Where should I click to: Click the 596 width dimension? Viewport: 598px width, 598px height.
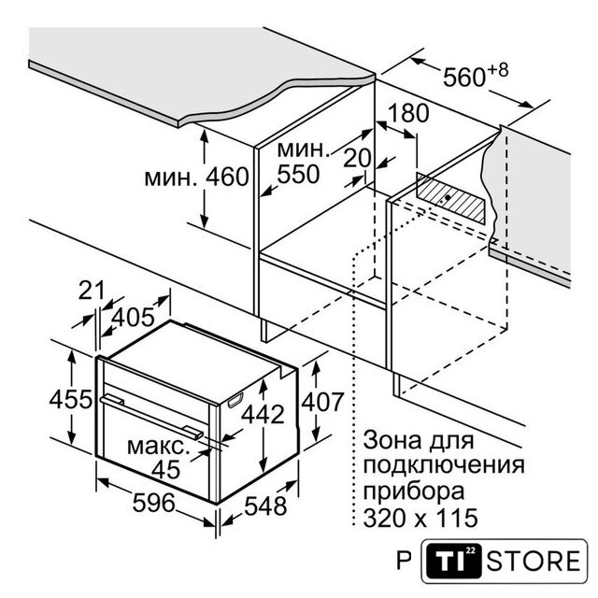tap(153, 503)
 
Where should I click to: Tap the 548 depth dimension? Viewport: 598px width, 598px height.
tap(265, 506)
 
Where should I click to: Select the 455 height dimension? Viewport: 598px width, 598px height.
tap(71, 399)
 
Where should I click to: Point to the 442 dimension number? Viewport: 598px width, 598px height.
tap(263, 414)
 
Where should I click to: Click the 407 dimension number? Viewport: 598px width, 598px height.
tap(322, 402)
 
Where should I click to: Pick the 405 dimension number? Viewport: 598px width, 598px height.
tap(133, 317)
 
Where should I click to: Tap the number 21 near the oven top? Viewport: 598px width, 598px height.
tap(92, 291)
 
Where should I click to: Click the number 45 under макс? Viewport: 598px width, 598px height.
tap(166, 469)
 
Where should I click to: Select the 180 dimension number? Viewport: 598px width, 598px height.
tap(408, 113)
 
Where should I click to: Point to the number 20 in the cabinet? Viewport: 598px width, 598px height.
tap(357, 158)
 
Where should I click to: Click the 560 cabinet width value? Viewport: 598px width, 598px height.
tap(463, 78)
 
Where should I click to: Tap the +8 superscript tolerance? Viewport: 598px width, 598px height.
tap(497, 70)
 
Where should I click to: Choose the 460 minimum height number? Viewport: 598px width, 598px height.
tap(227, 177)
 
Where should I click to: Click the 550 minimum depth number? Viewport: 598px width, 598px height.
tap(298, 175)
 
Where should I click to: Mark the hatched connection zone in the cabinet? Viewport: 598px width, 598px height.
tap(450, 198)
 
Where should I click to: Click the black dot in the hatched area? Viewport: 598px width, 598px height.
tap(448, 197)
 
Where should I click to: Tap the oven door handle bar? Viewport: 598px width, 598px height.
tap(151, 416)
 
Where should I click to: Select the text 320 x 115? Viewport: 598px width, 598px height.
tap(420, 518)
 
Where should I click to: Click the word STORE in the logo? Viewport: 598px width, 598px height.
tap(534, 561)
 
